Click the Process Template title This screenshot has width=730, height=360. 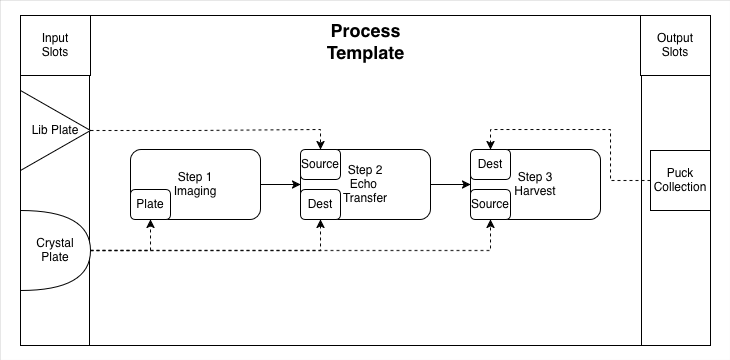click(365, 42)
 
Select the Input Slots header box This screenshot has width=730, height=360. click(55, 45)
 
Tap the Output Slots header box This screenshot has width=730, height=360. click(676, 45)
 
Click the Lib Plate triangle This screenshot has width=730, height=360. click(51, 130)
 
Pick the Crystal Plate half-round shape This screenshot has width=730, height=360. click(55, 251)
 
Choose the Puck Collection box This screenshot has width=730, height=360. click(680, 180)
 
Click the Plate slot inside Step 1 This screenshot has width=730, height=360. click(150, 204)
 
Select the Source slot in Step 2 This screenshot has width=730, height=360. click(320, 164)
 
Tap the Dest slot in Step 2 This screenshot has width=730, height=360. click(320, 204)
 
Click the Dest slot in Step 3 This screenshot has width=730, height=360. click(490, 164)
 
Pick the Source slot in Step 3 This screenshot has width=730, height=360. click(490, 204)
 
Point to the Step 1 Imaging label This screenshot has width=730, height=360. click(195, 184)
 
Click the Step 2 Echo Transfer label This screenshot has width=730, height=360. click(365, 183)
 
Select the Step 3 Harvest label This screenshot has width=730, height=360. click(535, 183)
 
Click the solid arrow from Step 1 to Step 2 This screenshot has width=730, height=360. click(280, 184)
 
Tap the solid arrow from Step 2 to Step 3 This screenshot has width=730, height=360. click(450, 184)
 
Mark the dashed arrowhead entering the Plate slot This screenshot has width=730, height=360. click(150, 224)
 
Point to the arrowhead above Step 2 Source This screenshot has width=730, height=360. click(320, 145)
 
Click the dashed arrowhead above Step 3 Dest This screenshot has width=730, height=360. click(490, 145)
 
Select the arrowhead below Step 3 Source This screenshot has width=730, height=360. click(490, 224)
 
